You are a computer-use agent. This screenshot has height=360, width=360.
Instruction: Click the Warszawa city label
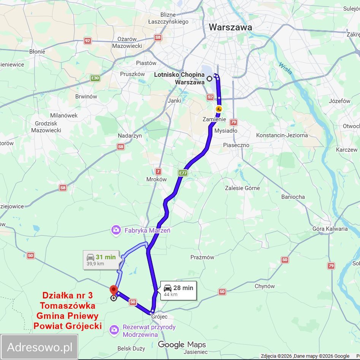coord(230,27)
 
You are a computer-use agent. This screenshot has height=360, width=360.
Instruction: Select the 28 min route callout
coord(178,290)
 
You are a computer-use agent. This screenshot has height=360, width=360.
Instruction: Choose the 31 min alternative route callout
coord(101,260)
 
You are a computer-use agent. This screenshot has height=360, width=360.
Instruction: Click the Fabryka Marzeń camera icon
coord(115,230)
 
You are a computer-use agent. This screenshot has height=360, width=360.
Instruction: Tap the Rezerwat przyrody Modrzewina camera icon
coord(114,330)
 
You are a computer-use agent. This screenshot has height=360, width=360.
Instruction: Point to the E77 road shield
coord(183,173)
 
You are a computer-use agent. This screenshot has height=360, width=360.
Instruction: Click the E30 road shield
coord(95,78)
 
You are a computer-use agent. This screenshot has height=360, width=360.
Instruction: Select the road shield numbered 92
coord(88,41)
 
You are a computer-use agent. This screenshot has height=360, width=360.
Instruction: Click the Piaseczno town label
coord(236,145)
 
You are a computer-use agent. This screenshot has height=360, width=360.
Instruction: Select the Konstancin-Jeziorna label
coord(282,135)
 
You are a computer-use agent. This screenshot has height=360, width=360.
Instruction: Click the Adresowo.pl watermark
coord(40,347)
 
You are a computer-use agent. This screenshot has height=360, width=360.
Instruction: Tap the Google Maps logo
coord(182,345)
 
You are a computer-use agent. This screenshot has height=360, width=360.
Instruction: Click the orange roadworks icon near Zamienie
coord(219,109)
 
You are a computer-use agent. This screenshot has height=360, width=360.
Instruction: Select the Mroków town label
coord(157,179)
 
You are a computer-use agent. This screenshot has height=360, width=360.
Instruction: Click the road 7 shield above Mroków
coord(159,171)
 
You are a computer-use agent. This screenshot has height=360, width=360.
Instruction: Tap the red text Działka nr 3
coord(67,295)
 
